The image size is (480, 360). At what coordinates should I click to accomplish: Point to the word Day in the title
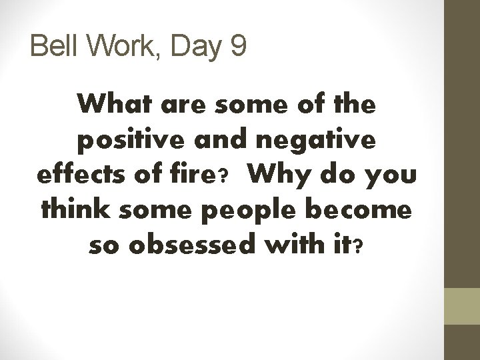coord(193,48)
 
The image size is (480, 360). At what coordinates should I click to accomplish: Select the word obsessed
coord(184,248)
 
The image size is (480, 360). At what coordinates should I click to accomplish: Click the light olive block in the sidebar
coord(461,307)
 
